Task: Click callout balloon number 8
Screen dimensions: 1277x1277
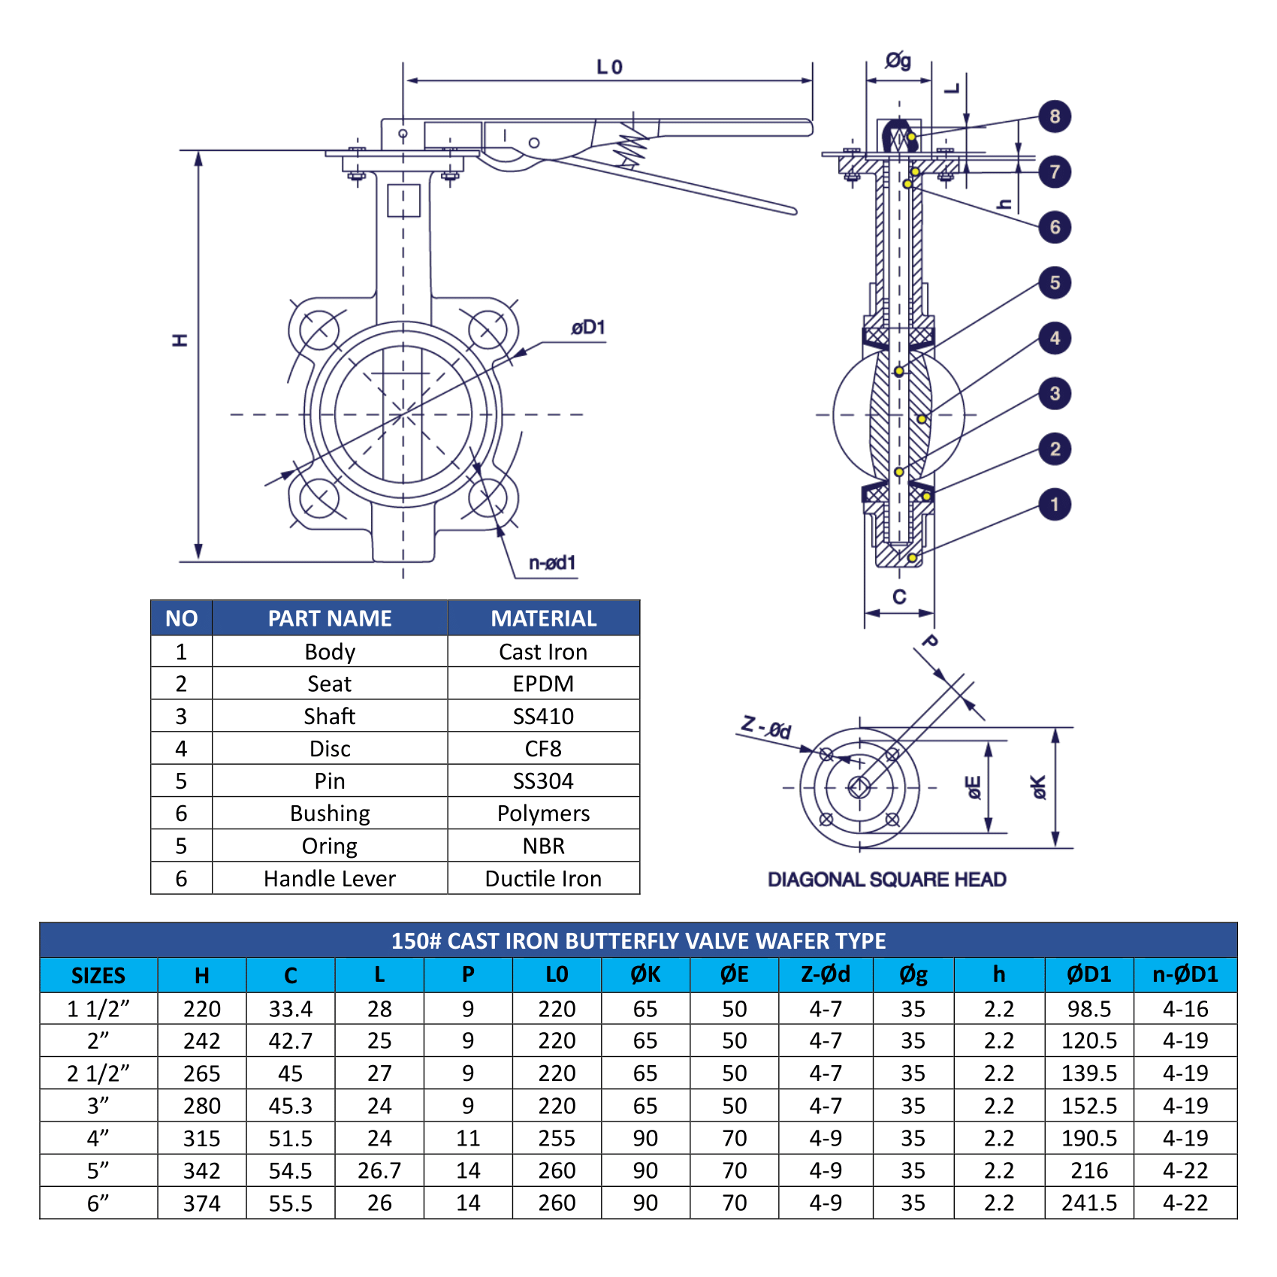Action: click(x=1055, y=116)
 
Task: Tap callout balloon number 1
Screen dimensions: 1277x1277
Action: click(x=1055, y=504)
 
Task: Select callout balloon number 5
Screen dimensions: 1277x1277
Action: click(x=1055, y=283)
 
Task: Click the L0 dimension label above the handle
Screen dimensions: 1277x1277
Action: click(x=609, y=68)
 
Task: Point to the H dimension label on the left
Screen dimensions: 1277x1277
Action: click(x=180, y=340)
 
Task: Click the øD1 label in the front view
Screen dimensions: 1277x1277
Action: click(x=587, y=328)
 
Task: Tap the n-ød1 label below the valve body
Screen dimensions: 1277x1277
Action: click(x=552, y=563)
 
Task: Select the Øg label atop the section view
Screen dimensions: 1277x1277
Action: click(x=898, y=61)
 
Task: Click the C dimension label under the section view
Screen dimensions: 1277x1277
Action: click(x=899, y=597)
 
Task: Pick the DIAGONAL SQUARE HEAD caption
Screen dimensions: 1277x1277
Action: click(x=886, y=879)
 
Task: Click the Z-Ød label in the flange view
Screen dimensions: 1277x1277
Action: click(x=766, y=727)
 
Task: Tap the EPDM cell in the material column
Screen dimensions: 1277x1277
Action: click(x=543, y=684)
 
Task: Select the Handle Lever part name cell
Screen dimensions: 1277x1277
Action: click(x=329, y=878)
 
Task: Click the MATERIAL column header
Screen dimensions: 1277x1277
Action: click(x=543, y=618)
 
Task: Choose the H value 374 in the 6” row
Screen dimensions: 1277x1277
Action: click(x=201, y=1203)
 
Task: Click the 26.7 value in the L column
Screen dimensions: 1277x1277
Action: click(x=379, y=1170)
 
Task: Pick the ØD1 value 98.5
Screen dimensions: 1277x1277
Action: click(x=1088, y=1009)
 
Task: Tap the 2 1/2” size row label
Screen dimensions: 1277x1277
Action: click(x=98, y=1073)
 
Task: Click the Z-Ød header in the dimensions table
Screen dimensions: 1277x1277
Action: click(x=825, y=974)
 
